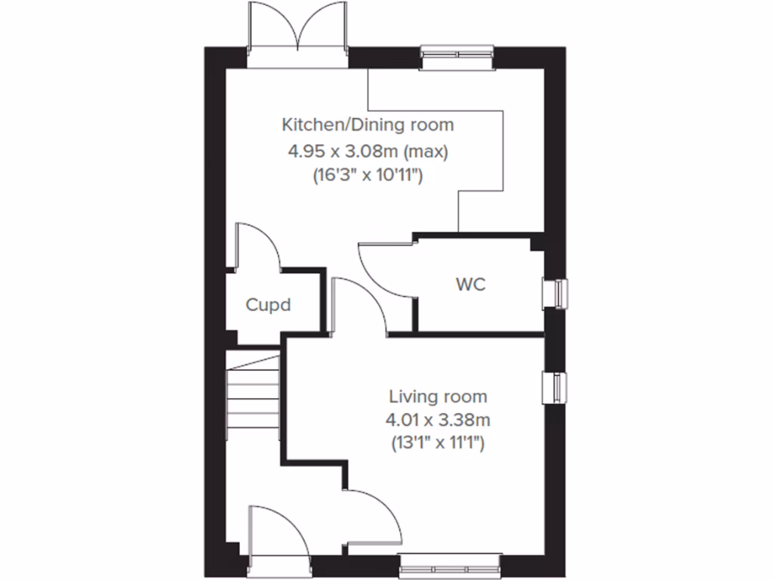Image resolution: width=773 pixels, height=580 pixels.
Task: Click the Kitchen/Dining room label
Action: [368, 124]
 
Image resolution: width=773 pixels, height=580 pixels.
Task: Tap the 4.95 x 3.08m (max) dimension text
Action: [368, 151]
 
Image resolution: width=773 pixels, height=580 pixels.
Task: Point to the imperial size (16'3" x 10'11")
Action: [368, 175]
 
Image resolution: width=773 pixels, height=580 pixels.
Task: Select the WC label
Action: [470, 285]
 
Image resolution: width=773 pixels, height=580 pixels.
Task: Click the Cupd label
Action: [268, 306]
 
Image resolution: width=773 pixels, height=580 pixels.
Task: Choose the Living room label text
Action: [438, 396]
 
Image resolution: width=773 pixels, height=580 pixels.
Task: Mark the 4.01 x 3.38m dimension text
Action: [438, 419]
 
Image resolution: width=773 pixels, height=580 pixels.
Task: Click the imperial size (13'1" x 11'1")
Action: [438, 443]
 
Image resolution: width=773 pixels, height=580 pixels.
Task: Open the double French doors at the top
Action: [299, 34]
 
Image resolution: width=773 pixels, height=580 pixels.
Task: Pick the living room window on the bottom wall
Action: [450, 565]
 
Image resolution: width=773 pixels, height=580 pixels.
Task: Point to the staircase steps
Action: [252, 396]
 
